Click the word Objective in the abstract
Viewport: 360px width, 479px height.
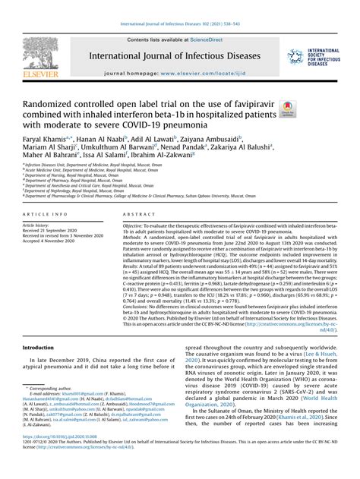138,226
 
